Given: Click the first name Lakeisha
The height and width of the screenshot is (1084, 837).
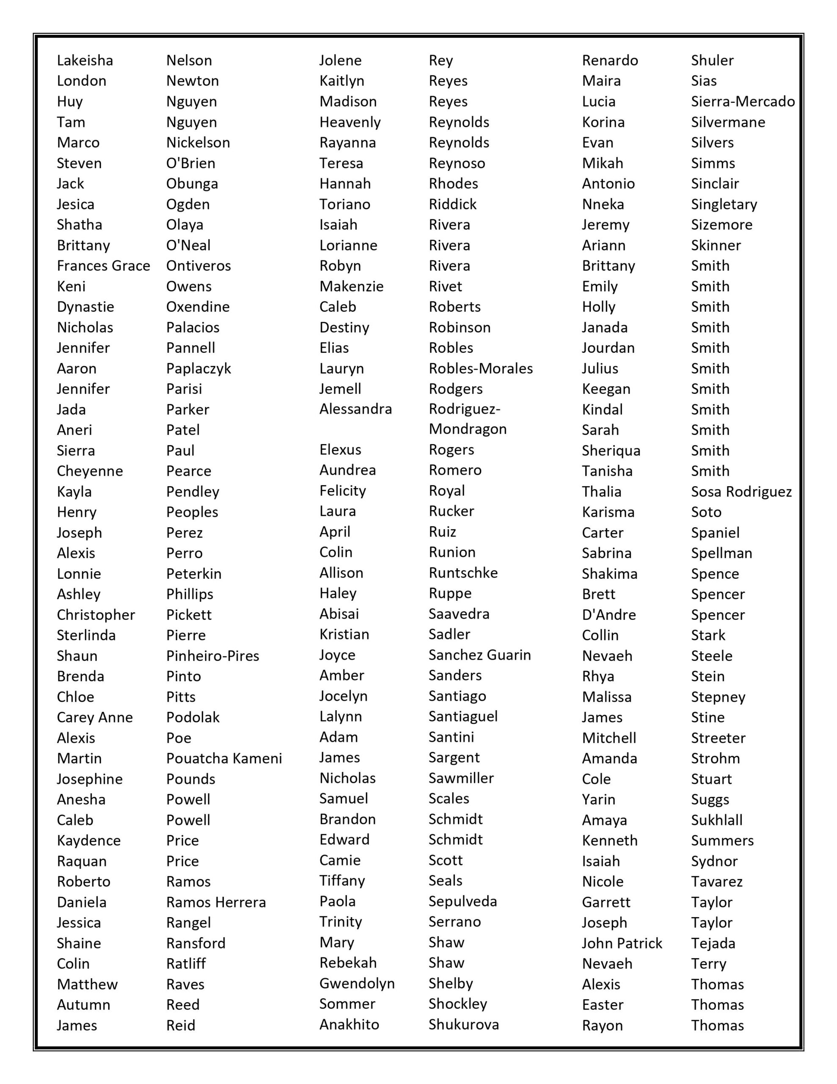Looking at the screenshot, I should click(85, 61).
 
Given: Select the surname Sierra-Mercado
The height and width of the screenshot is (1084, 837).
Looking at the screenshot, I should click(742, 102).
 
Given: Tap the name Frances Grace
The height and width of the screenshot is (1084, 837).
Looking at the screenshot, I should click(103, 266).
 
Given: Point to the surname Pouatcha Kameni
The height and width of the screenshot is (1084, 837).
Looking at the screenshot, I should click(224, 758).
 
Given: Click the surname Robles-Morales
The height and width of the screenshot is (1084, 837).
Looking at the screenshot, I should click(480, 369).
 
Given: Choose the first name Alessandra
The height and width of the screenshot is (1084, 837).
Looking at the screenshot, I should click(355, 409).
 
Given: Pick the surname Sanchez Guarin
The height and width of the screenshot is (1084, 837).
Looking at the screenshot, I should click(479, 655).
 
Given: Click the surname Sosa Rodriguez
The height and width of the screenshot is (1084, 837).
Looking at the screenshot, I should click(741, 492).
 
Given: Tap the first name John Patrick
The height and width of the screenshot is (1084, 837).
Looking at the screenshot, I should click(622, 943).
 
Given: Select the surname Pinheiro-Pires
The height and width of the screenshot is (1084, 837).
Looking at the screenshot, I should click(212, 656).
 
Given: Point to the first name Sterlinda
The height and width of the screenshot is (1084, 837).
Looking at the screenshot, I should click(86, 635).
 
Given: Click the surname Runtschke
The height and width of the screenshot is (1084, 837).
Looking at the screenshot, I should click(463, 573).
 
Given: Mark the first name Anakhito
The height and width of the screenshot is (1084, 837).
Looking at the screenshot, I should click(349, 1024).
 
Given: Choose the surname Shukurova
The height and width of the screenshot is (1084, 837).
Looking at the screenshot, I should click(463, 1024).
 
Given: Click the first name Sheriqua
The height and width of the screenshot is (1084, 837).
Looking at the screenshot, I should click(611, 451).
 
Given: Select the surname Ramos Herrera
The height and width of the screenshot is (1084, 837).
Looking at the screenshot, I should click(216, 902).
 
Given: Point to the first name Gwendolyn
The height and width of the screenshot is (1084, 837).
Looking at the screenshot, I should click(357, 983).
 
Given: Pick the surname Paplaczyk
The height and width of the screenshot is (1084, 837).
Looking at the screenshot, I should click(198, 369).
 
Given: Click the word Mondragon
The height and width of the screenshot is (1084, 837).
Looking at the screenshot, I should click(467, 429).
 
